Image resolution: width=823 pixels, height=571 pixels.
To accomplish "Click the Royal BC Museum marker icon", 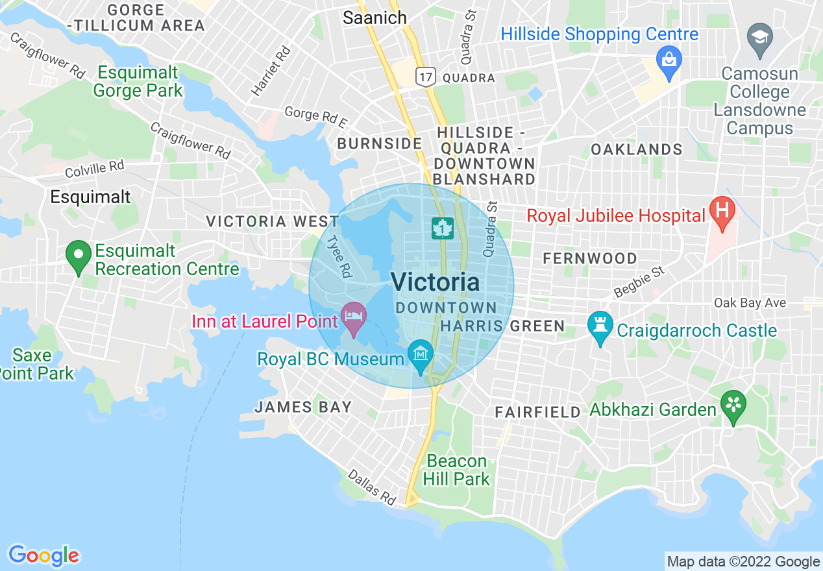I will coord(421,356).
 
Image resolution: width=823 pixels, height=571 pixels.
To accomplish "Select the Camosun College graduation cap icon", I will coord(759,36).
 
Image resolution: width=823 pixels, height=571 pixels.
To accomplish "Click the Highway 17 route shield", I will coord(424,78).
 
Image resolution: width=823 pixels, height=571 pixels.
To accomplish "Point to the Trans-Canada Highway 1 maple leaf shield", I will coord(443,228).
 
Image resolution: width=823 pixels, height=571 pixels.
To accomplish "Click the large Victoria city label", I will coord(436,282).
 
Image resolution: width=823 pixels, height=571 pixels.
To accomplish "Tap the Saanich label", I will coord(375,18).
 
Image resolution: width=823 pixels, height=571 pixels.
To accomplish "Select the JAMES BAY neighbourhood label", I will coord(303,407).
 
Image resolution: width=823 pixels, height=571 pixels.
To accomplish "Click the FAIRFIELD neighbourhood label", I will coord(537,412).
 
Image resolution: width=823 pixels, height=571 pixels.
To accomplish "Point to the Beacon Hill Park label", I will coord(457,470).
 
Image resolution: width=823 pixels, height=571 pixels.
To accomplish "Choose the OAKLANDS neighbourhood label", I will coord(636,150).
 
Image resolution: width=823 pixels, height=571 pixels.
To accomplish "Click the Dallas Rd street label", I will coord(372,487).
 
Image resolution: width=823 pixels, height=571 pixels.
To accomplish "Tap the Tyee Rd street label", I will coord(338,258).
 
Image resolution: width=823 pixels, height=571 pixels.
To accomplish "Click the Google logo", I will coord(43,555).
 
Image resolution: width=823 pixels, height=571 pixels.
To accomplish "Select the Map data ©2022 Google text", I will coord(743,562).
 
